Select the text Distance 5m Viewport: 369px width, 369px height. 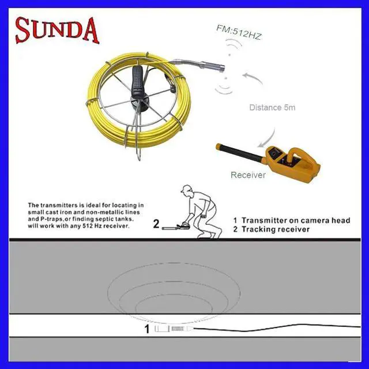pyautogui.click(x=273, y=107)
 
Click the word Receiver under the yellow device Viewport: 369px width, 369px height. pyautogui.click(x=248, y=175)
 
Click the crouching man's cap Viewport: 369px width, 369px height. pyautogui.click(x=185, y=190)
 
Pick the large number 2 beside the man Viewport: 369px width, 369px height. pyautogui.click(x=156, y=223)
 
